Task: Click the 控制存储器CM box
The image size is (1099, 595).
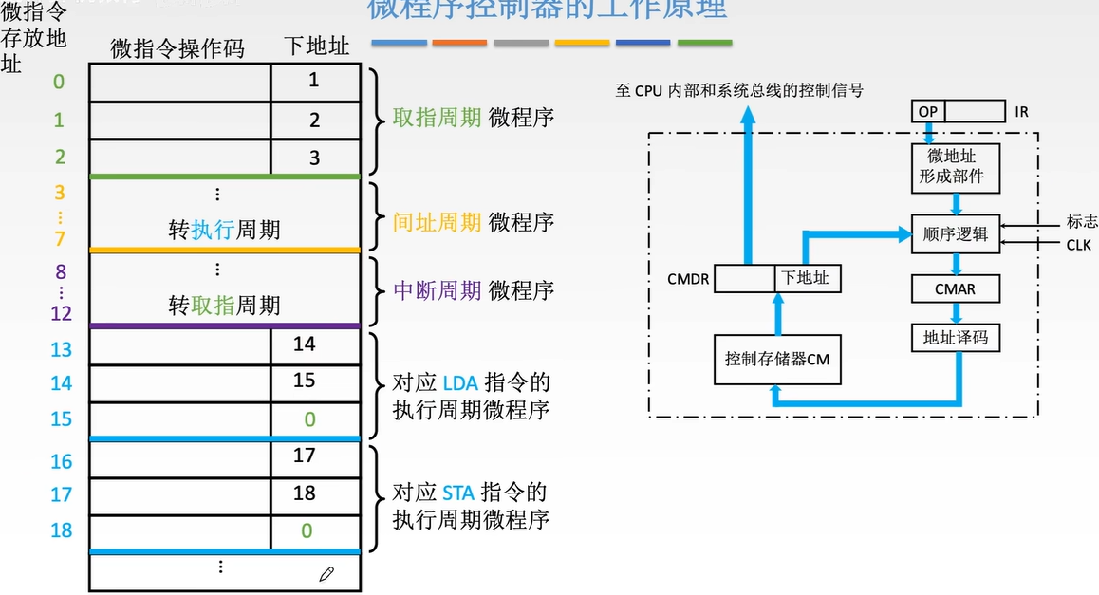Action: click(776, 360)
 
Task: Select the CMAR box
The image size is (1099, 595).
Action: click(955, 288)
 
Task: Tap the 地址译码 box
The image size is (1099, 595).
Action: click(955, 337)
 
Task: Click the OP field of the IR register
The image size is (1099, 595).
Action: click(927, 112)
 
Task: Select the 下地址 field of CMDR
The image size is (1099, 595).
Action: click(805, 278)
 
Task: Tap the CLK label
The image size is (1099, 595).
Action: click(1078, 245)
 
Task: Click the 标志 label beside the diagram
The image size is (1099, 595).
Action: click(1082, 221)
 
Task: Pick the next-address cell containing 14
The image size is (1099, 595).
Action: click(305, 344)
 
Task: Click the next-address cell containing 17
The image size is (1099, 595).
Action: click(305, 456)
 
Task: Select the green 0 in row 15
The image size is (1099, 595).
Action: click(309, 419)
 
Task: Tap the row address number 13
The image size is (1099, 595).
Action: click(62, 349)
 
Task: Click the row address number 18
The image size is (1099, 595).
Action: click(62, 530)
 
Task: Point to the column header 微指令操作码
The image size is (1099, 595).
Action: click(177, 48)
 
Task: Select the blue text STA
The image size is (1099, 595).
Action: click(458, 493)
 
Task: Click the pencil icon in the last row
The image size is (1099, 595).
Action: click(326, 573)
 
